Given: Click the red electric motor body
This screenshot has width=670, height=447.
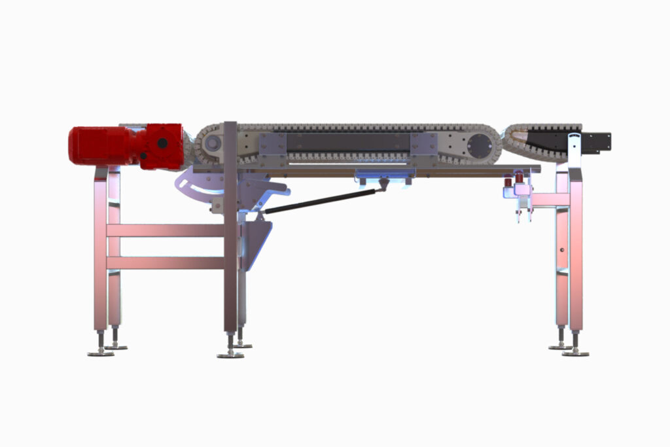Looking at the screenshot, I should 98,145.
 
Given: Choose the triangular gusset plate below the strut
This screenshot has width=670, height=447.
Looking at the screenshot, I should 256,242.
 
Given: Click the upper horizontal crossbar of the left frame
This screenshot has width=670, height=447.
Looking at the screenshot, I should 167,230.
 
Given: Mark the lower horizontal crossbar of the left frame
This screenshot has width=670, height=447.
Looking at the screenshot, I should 167,262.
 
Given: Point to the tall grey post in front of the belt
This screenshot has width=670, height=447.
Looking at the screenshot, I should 230,229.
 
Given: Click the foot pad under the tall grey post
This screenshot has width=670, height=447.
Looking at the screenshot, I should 230,355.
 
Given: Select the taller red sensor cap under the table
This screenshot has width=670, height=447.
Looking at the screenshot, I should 519,178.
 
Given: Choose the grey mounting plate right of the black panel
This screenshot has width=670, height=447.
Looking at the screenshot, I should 423,143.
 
